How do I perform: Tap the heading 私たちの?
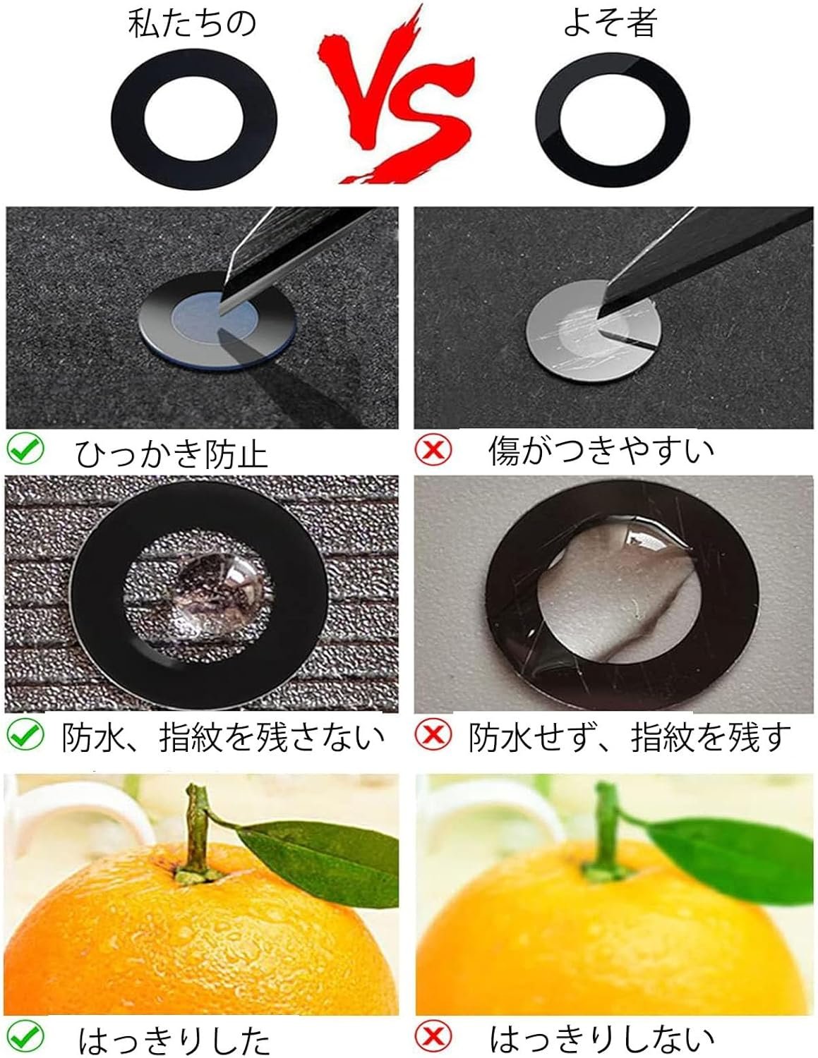tap(192, 23)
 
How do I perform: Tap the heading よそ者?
tap(610, 22)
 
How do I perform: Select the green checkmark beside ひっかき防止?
tap(25, 449)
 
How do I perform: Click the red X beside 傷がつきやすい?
tap(433, 449)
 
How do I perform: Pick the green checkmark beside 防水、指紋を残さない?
tap(25, 735)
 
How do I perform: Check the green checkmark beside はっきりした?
tap(25, 1037)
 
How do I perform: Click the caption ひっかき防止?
tap(172, 454)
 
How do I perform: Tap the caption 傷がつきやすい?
tap(601, 450)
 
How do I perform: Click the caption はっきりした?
tap(174, 1040)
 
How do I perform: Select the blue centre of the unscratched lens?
tap(215, 319)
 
